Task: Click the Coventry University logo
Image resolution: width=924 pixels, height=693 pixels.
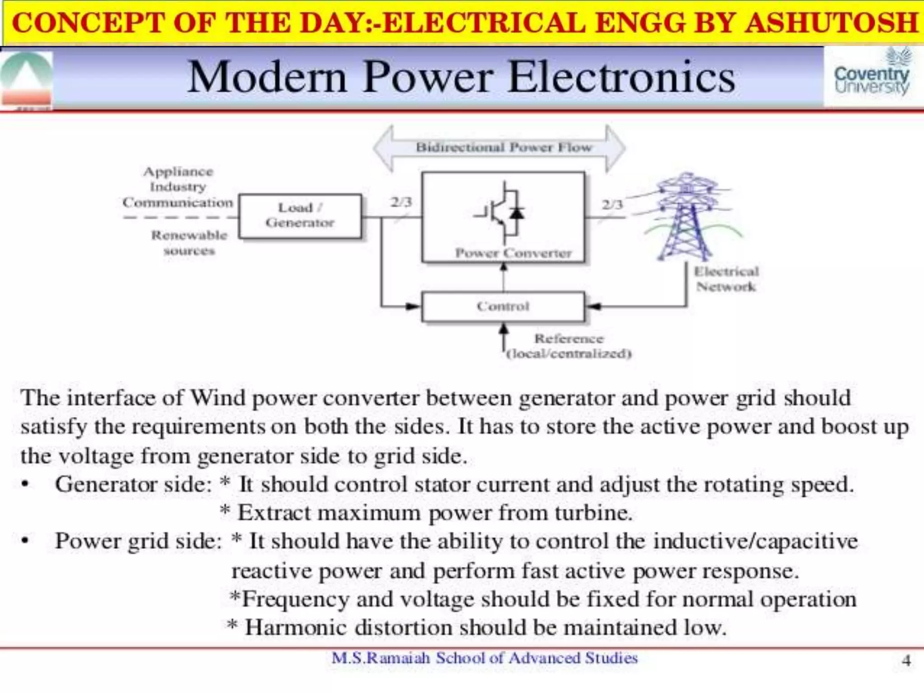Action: point(872,77)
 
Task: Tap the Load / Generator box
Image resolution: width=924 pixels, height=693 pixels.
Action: point(300,216)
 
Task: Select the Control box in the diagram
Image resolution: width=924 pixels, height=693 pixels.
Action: point(503,306)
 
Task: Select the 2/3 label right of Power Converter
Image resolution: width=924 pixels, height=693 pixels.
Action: point(612,204)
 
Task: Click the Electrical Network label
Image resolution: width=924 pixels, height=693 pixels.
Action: point(726,279)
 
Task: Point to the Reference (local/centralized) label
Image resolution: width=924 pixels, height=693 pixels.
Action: point(568,346)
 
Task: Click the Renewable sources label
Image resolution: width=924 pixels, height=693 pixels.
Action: point(189,243)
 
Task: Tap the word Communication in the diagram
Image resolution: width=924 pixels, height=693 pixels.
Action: point(178,203)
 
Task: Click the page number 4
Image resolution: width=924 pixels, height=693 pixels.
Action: point(906,661)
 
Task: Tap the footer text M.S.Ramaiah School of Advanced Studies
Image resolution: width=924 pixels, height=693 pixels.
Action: point(485,658)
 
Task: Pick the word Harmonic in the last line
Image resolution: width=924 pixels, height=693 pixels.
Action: point(296,628)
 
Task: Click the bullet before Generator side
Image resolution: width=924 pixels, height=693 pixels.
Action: point(25,485)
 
